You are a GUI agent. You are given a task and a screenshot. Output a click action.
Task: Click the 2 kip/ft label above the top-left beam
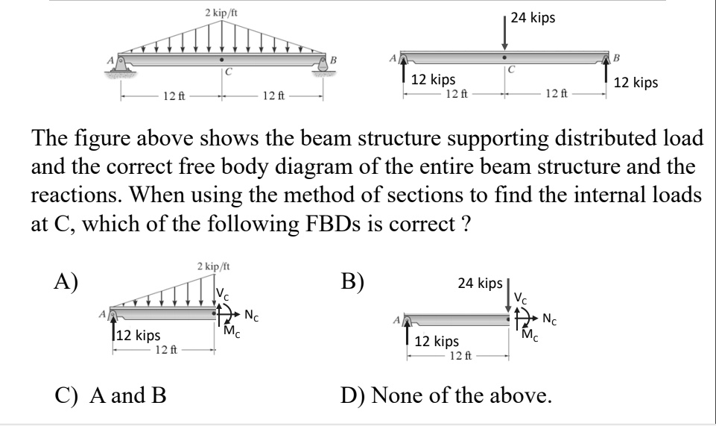[221, 13]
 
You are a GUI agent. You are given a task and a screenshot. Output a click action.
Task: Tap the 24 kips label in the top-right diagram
[533, 18]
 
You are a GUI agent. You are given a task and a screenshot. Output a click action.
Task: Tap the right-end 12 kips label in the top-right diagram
[636, 84]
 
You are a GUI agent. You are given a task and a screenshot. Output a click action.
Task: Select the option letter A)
[65, 283]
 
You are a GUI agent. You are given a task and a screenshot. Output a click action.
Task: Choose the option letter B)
[352, 283]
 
